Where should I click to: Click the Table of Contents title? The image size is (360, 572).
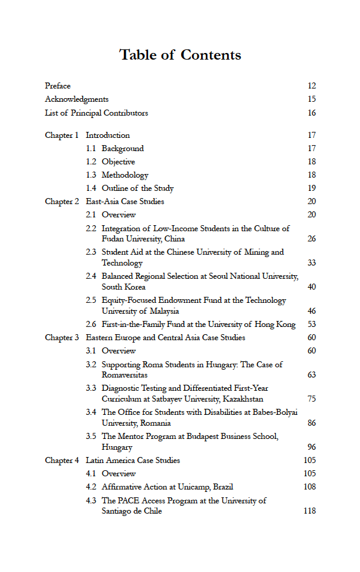180,55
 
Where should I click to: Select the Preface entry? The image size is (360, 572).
58,86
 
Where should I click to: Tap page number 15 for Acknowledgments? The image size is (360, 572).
311,99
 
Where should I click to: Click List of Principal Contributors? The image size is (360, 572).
96,113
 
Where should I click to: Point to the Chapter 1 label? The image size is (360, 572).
61,135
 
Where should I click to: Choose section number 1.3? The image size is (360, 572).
91,175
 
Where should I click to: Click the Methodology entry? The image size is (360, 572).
125,175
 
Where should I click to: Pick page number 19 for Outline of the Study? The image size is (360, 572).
311,188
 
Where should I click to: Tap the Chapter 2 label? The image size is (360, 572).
61,202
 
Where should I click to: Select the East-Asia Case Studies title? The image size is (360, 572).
125,202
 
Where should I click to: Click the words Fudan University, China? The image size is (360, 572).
143,239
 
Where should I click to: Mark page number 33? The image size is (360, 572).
311,263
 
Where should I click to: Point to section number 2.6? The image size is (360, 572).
91,325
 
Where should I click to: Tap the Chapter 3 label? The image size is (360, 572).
61,338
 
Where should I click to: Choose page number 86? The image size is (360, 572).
311,423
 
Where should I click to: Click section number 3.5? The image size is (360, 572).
91,437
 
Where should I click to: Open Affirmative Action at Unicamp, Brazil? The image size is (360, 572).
167,487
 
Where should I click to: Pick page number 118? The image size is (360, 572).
309,511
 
